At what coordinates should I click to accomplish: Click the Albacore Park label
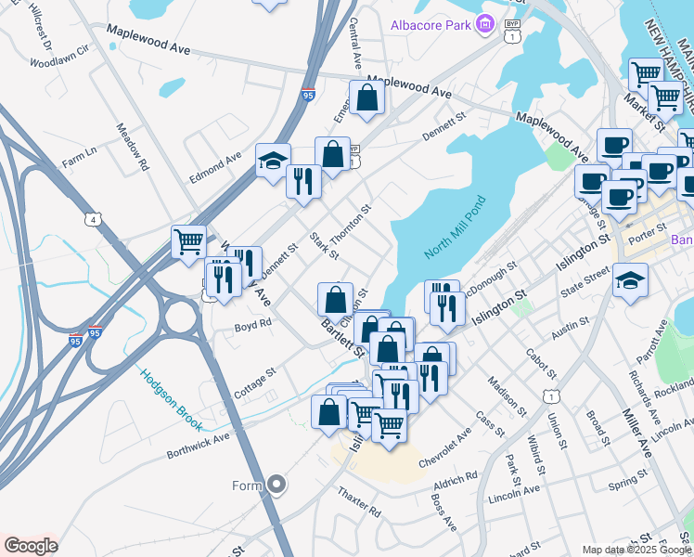(x=431, y=25)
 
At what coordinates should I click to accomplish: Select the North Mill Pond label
(x=455, y=228)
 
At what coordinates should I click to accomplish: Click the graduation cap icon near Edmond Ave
(x=273, y=160)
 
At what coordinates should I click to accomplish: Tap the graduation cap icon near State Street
(x=630, y=281)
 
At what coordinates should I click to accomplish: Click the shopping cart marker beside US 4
(x=188, y=240)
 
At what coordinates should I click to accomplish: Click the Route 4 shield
(x=93, y=219)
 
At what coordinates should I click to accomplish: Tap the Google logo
(x=31, y=546)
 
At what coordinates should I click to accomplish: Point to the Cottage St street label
(x=255, y=383)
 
